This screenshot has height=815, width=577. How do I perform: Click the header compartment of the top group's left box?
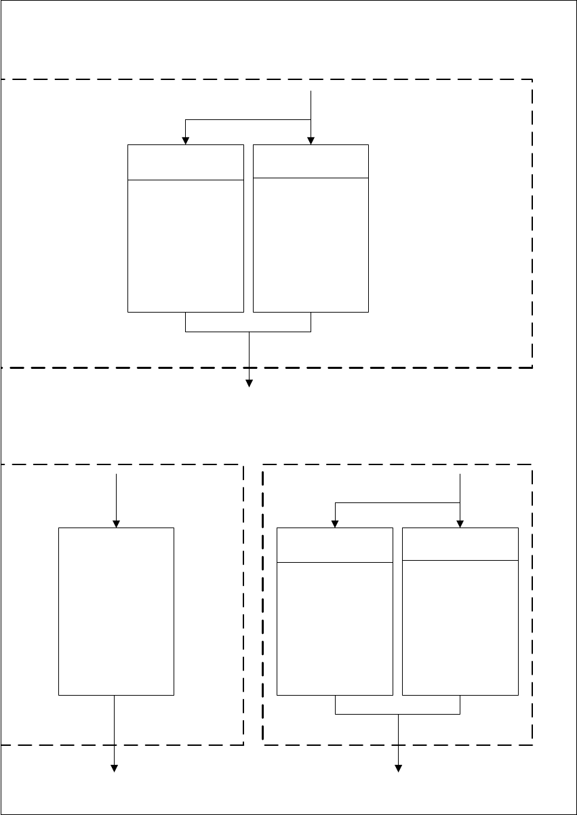point(185,162)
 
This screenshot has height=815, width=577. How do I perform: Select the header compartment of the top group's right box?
point(311,161)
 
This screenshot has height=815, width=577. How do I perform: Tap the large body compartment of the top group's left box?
point(185,245)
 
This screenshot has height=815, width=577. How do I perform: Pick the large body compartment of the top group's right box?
point(311,245)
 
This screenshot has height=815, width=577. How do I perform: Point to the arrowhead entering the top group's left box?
point(186,140)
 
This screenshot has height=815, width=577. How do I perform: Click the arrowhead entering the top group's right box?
point(311,140)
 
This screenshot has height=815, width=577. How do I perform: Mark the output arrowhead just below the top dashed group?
point(249,383)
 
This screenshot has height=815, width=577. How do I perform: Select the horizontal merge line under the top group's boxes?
point(248,332)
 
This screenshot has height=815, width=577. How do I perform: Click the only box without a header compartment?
point(116,611)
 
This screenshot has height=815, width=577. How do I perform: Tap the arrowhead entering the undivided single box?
point(116,523)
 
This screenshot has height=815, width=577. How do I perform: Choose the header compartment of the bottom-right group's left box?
point(335,545)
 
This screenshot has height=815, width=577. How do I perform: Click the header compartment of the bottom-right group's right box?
point(460,544)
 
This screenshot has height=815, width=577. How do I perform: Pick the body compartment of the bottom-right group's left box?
point(335,628)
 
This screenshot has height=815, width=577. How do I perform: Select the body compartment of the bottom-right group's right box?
point(460,627)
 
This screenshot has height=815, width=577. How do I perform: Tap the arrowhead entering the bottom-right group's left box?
point(335,523)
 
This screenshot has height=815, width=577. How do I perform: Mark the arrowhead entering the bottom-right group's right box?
point(460,523)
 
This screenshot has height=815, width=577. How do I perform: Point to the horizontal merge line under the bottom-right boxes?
point(398,715)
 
